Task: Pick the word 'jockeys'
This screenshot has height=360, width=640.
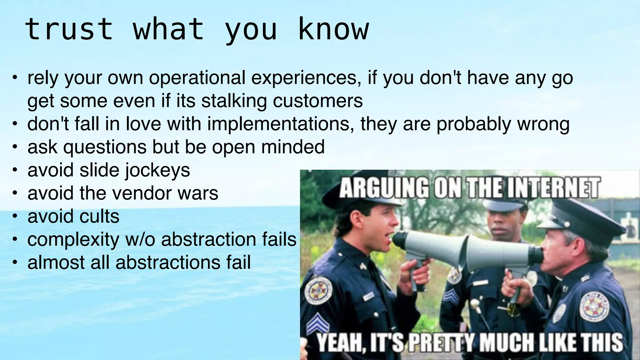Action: (158, 170)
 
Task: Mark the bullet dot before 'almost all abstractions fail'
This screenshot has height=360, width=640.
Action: (14, 262)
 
